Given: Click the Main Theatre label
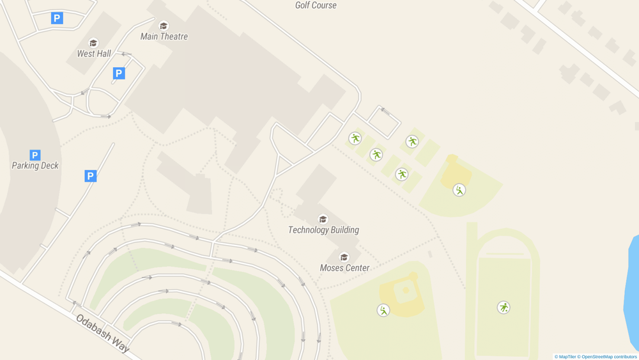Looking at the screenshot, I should coord(164,36).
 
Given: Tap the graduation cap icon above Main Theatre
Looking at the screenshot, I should coord(164,26).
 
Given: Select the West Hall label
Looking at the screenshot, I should coord(94,54).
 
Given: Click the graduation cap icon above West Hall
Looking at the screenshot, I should coord(93,43).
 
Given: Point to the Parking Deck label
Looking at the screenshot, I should coord(35,166).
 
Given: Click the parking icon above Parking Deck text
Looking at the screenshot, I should coord(35,155).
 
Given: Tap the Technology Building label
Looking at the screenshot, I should coord(323,230).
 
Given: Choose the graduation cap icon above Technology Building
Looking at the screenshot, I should coord(323,219).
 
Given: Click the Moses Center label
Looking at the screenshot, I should coord(344,268).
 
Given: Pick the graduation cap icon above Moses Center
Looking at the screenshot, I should coord(344,257).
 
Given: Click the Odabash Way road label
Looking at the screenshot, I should coord(103,333).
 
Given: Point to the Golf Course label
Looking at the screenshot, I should coord(316,5).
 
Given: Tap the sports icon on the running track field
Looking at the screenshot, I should coord(504,308).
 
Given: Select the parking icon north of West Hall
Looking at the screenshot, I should coord(57,19).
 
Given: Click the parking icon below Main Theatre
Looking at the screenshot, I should coord(119,74).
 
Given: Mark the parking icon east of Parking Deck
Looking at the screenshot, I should coord(91,176).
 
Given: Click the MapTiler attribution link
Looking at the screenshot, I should coord(565,357).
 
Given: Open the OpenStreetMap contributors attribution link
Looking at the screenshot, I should coord(607,357).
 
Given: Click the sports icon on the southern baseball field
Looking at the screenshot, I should coord(383,310).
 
